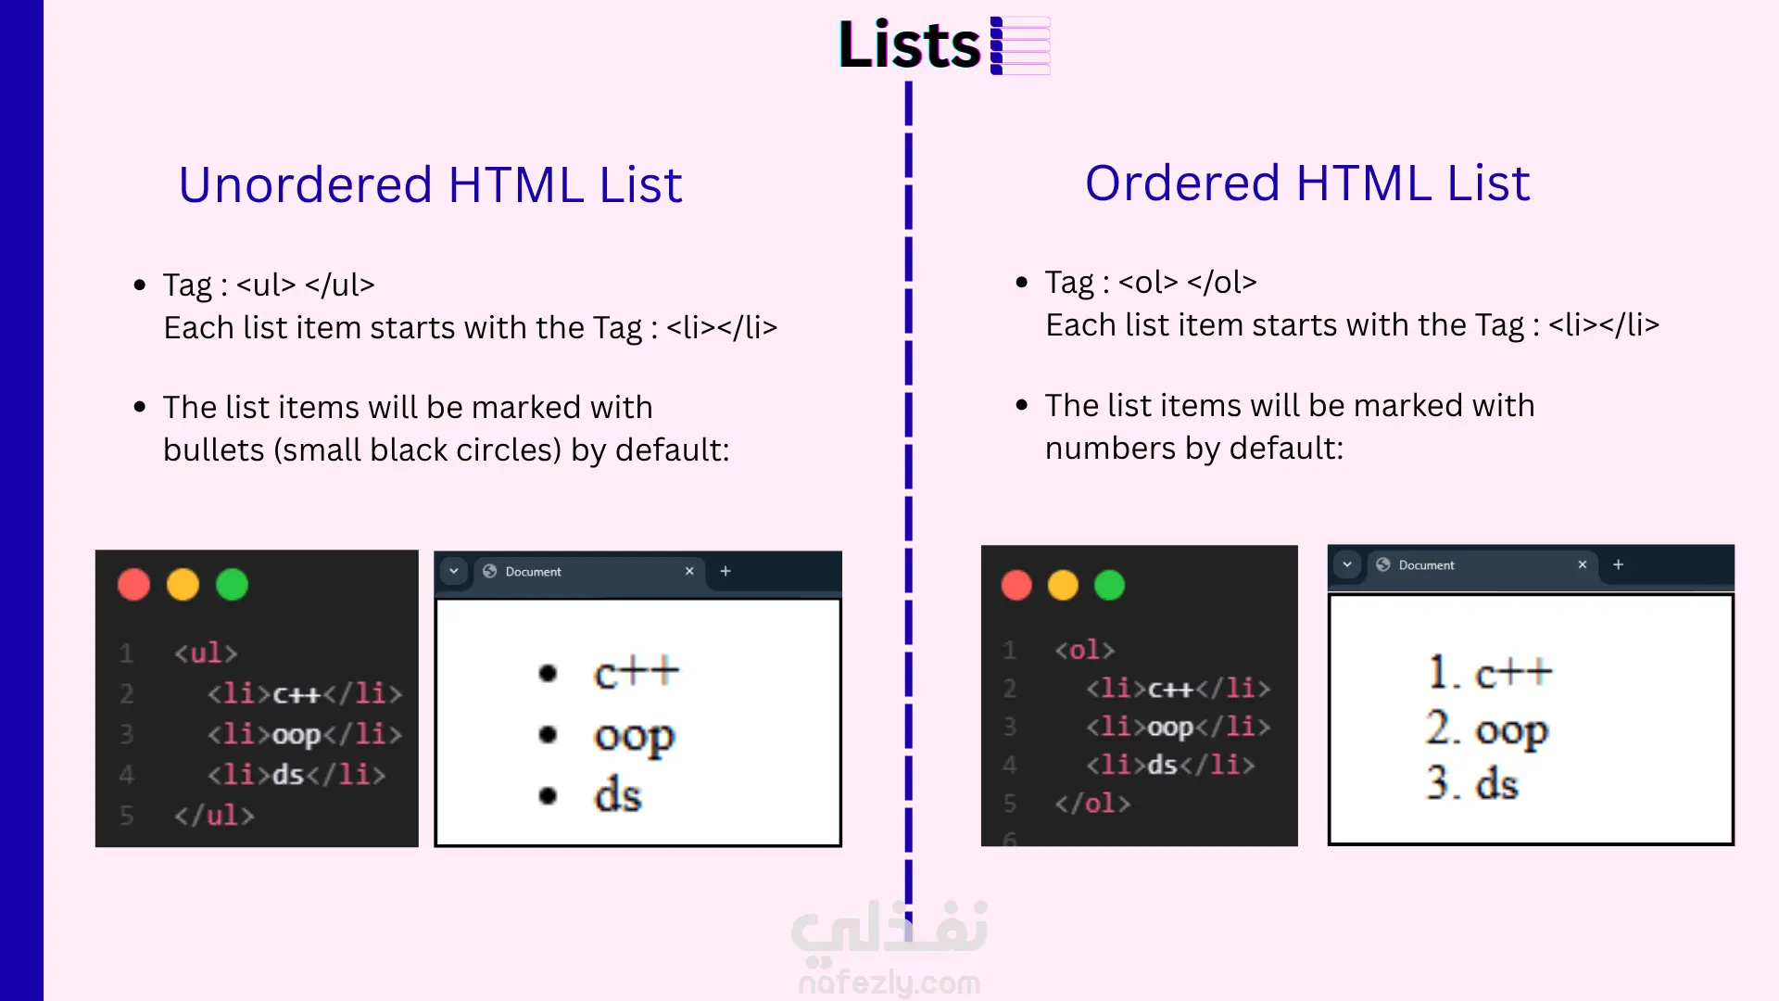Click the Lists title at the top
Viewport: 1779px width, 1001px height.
point(909,44)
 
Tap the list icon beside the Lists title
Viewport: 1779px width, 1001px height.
point(1020,44)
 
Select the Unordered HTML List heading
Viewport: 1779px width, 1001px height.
point(430,184)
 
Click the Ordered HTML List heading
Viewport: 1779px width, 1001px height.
point(1306,183)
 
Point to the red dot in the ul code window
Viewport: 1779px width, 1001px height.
point(134,585)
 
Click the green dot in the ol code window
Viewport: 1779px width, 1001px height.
point(1109,586)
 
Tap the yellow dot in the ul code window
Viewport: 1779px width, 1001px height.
point(183,585)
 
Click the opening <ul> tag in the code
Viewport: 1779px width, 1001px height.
point(206,653)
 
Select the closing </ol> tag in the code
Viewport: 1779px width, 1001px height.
point(1092,803)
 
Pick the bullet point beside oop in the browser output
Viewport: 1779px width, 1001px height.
point(548,735)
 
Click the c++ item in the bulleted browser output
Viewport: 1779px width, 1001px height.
point(637,672)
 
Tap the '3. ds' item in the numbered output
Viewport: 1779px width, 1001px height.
point(1472,783)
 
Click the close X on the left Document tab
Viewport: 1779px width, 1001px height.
point(689,571)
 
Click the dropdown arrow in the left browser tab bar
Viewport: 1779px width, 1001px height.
point(454,571)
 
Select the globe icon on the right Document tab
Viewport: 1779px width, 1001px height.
point(1383,564)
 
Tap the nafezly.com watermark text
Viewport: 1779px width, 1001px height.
point(889,982)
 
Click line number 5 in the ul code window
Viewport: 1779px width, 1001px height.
point(127,816)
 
